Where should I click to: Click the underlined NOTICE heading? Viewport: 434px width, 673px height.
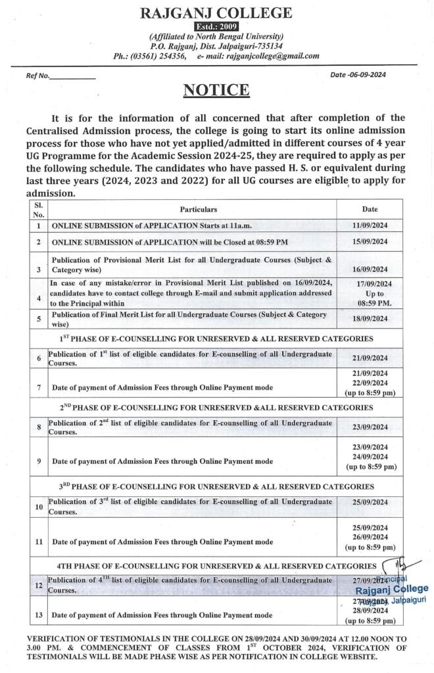216,90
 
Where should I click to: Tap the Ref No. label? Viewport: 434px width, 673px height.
38,76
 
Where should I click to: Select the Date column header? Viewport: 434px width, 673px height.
370,209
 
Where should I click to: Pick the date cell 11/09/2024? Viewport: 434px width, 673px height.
370,225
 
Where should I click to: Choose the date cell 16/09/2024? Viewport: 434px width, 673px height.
370,269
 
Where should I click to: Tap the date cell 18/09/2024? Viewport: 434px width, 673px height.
370,319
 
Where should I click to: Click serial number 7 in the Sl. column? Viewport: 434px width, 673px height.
39,386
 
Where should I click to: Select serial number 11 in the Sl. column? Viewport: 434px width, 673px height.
39,542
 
